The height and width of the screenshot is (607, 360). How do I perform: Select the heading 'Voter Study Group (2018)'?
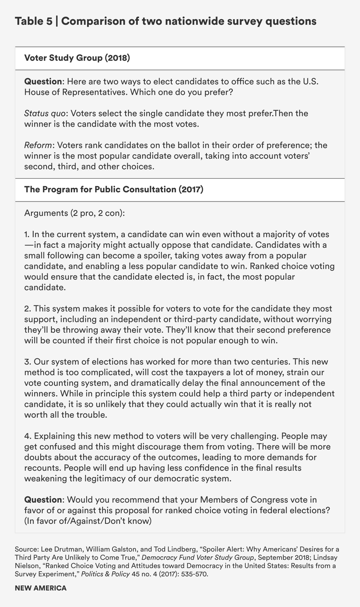(x=77, y=58)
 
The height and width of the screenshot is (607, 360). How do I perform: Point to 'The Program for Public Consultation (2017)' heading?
(x=114, y=190)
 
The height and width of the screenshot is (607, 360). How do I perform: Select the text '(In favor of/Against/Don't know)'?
(x=88, y=521)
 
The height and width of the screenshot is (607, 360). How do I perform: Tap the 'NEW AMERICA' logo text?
(x=41, y=588)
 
